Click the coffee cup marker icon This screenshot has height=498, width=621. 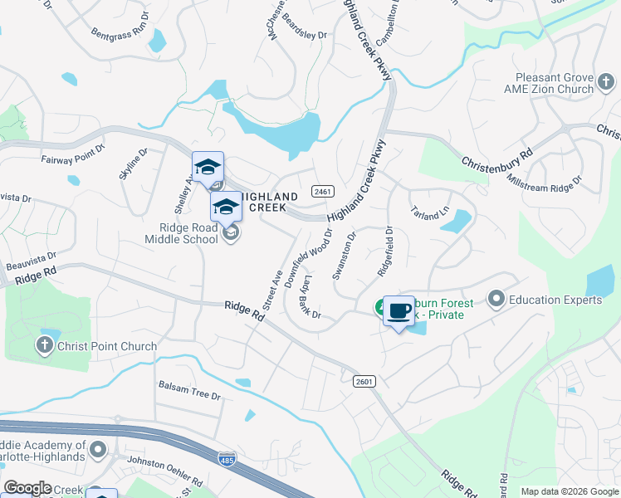(399, 311)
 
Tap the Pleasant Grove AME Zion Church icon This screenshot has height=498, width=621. (607, 81)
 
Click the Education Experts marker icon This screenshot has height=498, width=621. (496, 297)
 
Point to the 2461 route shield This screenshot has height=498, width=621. (323, 192)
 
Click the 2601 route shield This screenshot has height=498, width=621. (364, 381)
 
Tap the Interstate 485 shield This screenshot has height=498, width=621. (225, 459)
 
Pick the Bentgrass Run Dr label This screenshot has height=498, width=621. (120, 26)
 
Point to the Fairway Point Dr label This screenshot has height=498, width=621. (73, 153)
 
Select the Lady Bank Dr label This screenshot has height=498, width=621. (312, 297)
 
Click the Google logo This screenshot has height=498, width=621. (27, 488)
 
